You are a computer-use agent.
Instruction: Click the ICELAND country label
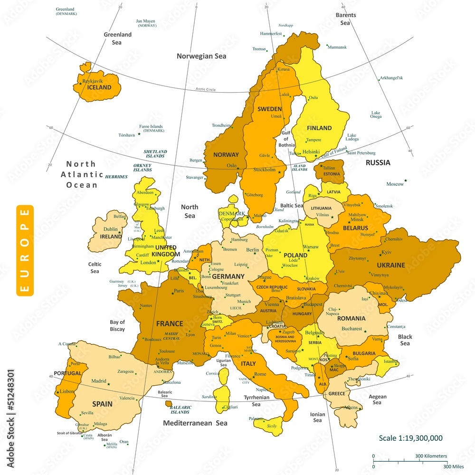[99, 87]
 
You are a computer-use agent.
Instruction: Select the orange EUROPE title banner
[25, 250]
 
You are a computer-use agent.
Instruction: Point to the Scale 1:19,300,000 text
[411, 438]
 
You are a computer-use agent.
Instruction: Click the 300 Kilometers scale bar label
[431, 456]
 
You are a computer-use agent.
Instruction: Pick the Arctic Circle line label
[205, 89]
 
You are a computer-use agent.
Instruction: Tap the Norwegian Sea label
[201, 56]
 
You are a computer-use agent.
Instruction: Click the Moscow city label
[395, 184]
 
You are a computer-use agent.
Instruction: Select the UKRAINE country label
[391, 265]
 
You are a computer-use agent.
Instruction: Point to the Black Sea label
[405, 340]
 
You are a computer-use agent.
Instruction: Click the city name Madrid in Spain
[99, 381]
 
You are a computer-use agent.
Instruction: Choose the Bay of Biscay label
[117, 325]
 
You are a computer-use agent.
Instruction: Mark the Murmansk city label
[337, 47]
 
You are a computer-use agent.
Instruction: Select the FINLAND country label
[319, 128]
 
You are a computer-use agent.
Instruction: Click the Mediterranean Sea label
[195, 423]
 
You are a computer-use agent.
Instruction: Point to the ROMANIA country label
[351, 318]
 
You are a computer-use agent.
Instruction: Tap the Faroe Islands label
[151, 128]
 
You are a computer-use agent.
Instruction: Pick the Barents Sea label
[346, 19]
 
